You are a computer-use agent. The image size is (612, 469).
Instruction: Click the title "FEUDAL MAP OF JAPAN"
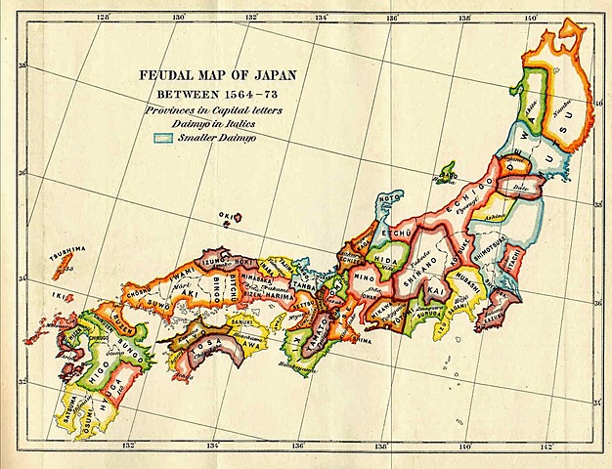(x=219, y=76)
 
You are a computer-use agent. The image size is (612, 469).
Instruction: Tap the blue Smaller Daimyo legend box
(x=162, y=139)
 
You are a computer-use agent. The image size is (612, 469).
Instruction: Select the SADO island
(x=448, y=177)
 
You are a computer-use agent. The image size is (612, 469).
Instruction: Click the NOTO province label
(x=389, y=198)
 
